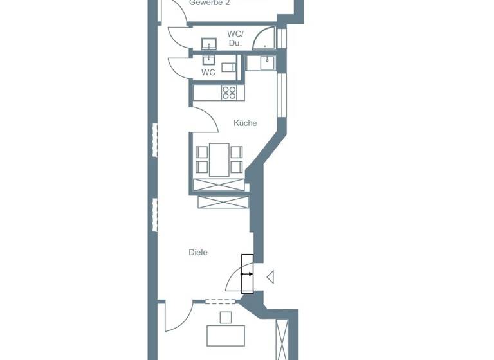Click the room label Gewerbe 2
[209, 3]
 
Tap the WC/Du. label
[235, 39]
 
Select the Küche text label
[245, 123]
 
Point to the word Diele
[198, 253]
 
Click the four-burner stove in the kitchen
[229, 93]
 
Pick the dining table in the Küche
[219, 159]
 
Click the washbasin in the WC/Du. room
[209, 44]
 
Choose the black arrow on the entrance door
[247, 274]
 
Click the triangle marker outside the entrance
[271, 277]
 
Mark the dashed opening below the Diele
[221, 301]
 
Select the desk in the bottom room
[225, 335]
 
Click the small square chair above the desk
[225, 317]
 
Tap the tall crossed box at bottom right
[282, 338]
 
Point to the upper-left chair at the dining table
[202, 152]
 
